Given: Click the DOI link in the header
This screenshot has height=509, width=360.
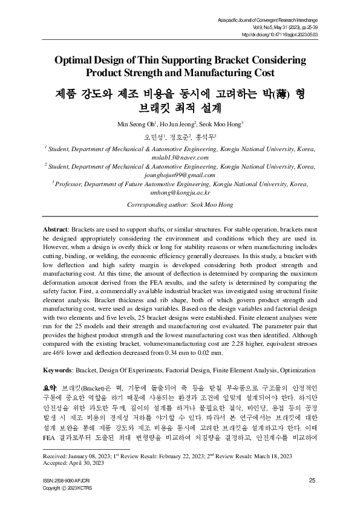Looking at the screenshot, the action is pyautogui.click(x=288, y=35).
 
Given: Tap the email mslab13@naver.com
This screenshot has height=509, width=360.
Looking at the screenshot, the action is pyautogui.click(x=180, y=157).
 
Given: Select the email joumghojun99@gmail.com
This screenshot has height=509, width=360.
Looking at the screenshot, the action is pyautogui.click(x=180, y=175).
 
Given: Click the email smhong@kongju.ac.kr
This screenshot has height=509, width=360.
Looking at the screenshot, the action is pyautogui.click(x=180, y=192).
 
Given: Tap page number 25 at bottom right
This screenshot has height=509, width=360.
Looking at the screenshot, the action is pyautogui.click(x=312, y=481).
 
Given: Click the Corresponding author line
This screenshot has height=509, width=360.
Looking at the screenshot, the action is pyautogui.click(x=180, y=205).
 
